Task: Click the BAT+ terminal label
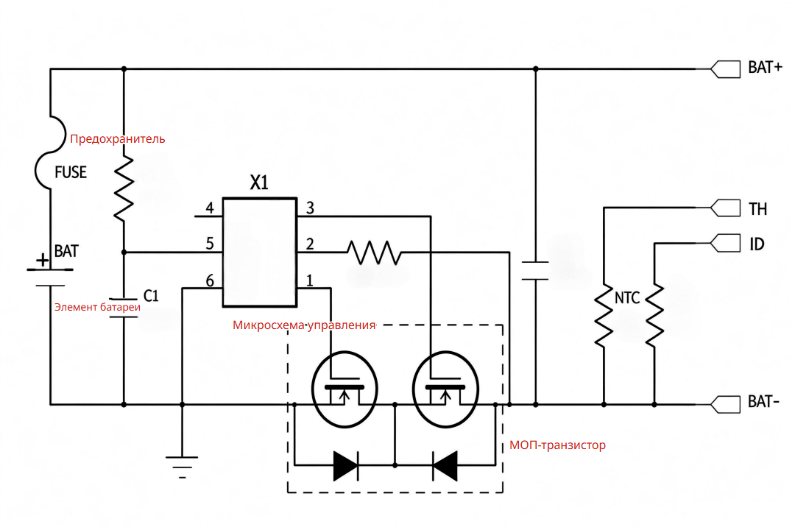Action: pyautogui.click(x=765, y=68)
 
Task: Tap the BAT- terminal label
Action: pyautogui.click(x=763, y=402)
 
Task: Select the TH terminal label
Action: pyautogui.click(x=758, y=209)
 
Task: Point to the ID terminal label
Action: pyautogui.click(x=757, y=244)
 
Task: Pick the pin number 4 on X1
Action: pyautogui.click(x=210, y=208)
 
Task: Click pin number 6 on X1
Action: pyautogui.click(x=210, y=280)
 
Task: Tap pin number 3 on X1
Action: pyautogui.click(x=311, y=208)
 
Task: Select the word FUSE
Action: pyautogui.click(x=71, y=172)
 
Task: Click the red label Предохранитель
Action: pyautogui.click(x=118, y=139)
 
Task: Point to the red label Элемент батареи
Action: pyautogui.click(x=97, y=307)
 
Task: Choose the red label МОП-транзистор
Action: pyautogui.click(x=557, y=445)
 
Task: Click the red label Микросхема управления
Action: pyautogui.click(x=304, y=325)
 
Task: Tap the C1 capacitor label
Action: pyautogui.click(x=151, y=296)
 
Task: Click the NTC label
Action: pyautogui.click(x=627, y=297)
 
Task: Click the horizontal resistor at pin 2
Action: pyautogui.click(x=374, y=252)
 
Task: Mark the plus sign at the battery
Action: pyautogui.click(x=43, y=260)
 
